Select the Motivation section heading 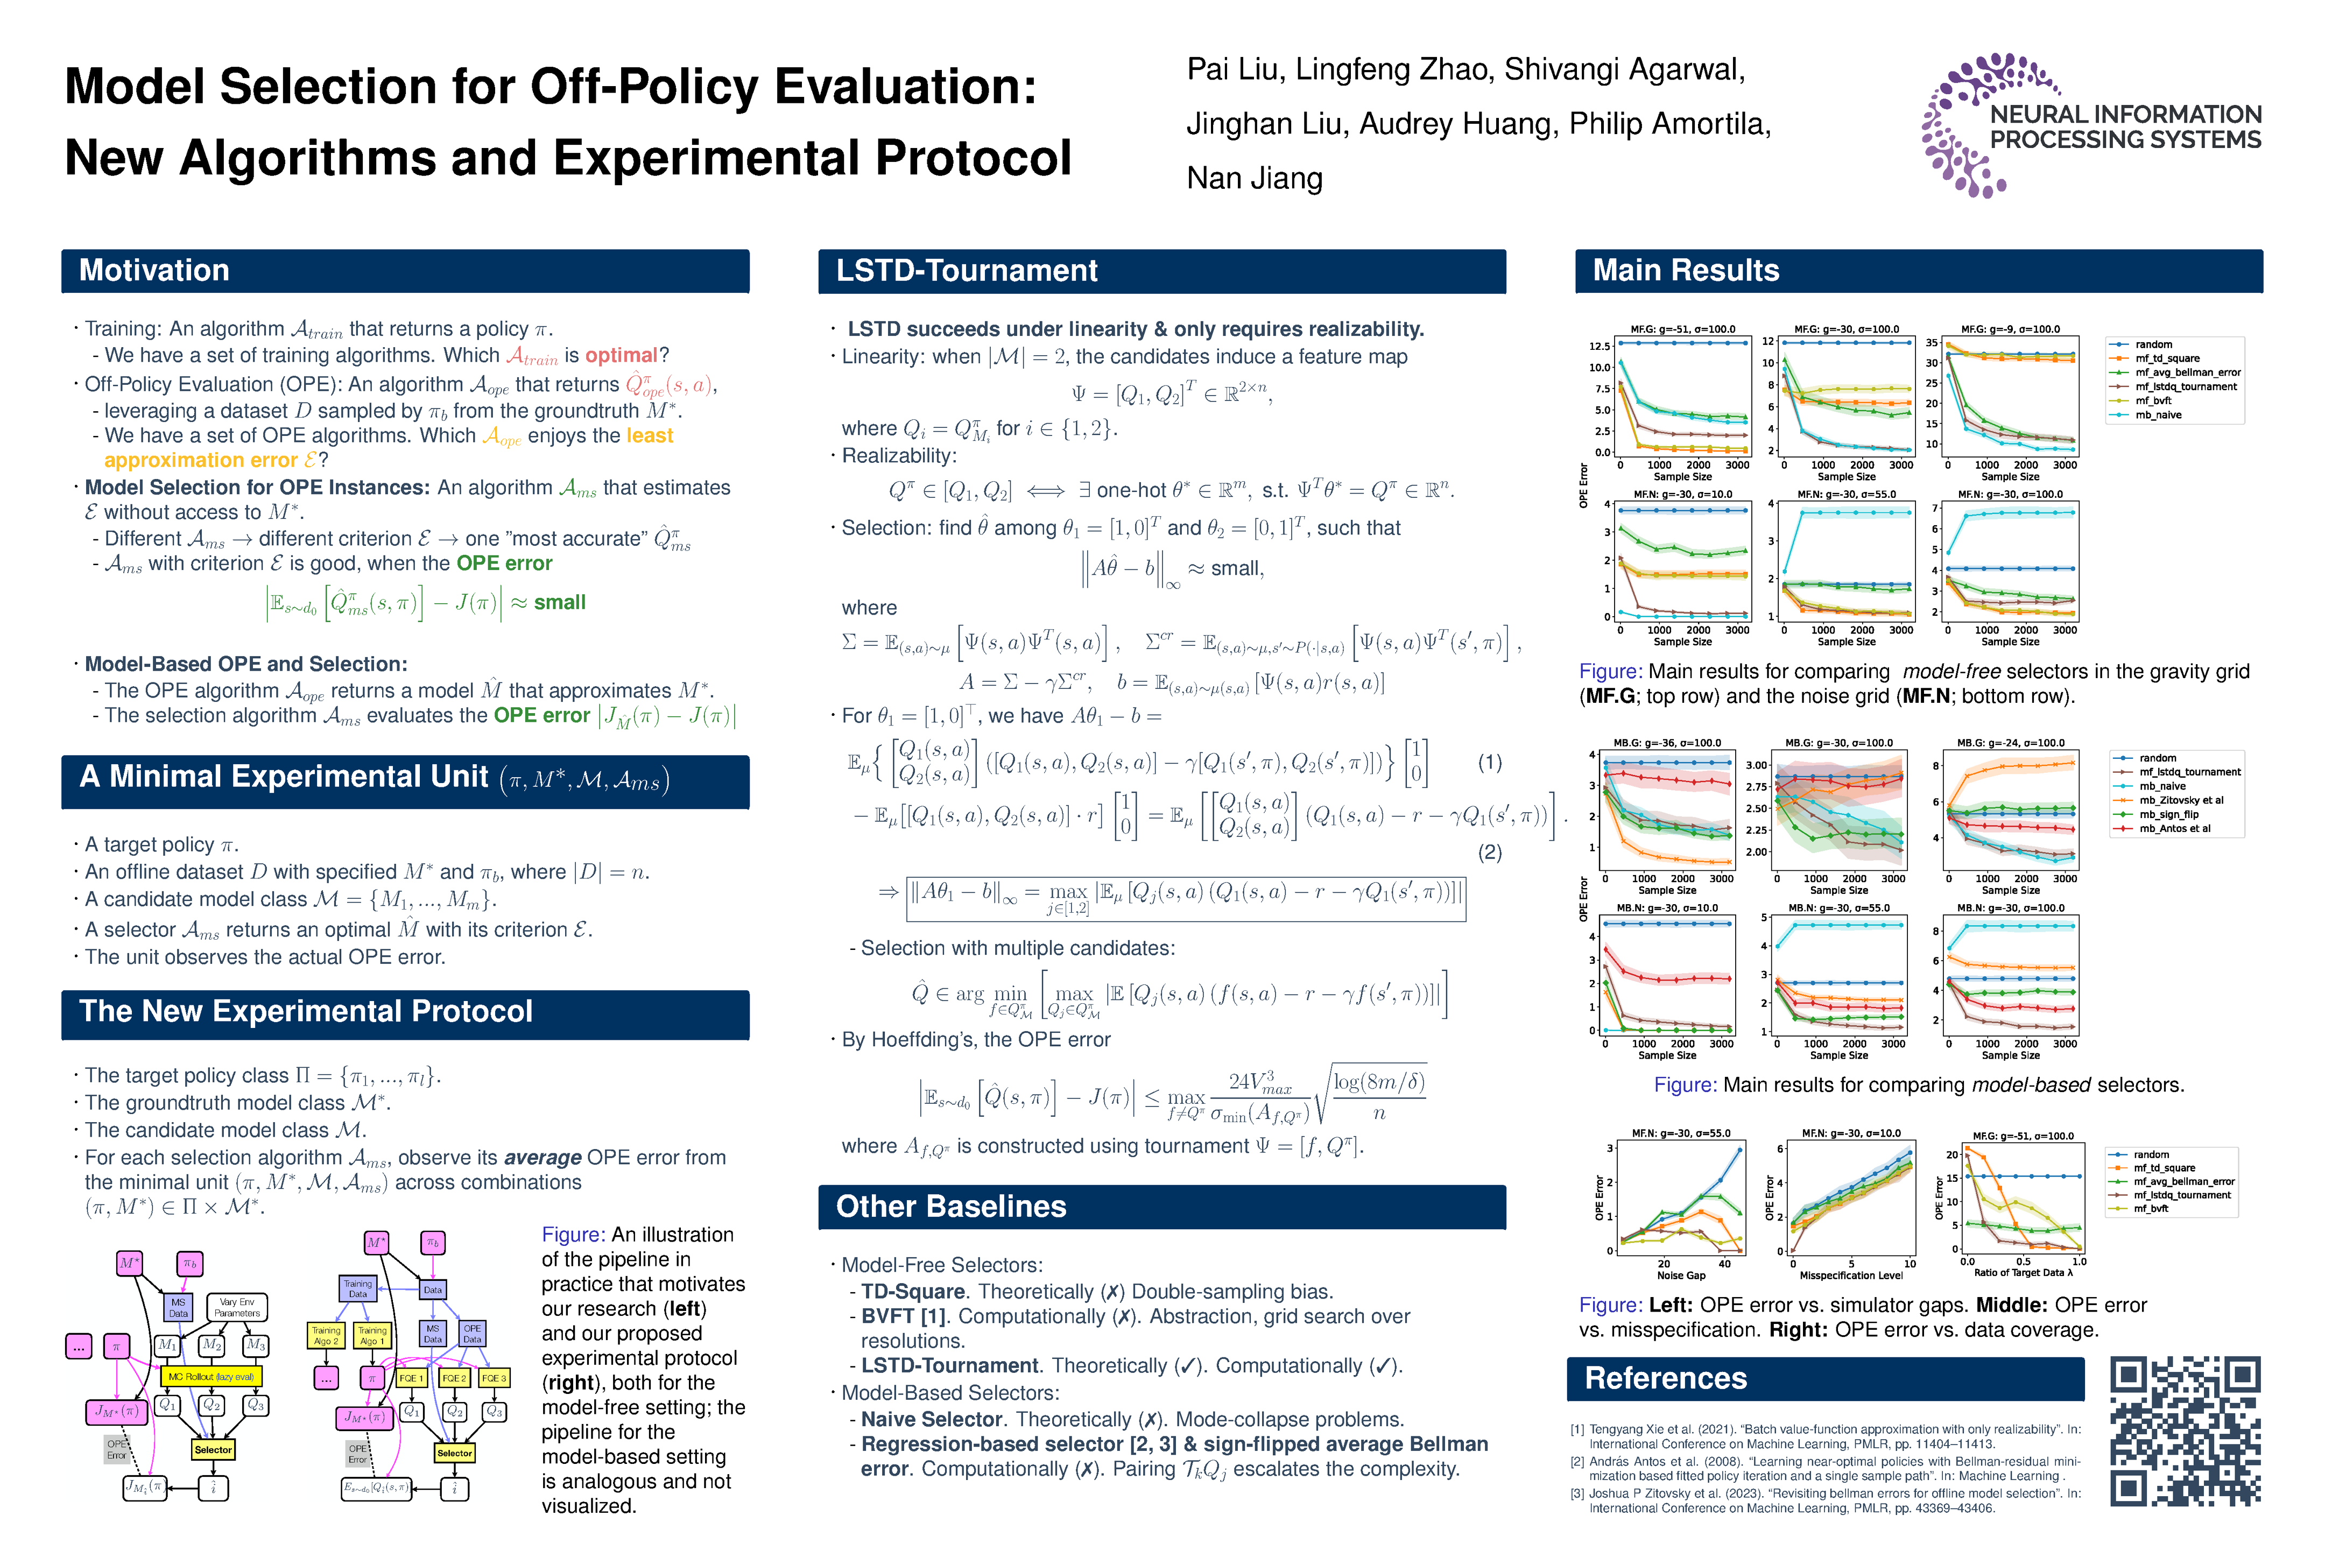point(154,271)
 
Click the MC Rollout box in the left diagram point(210,1376)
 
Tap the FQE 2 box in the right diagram point(454,1378)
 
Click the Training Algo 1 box point(372,1335)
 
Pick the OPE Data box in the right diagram point(473,1334)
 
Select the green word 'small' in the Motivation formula point(560,602)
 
